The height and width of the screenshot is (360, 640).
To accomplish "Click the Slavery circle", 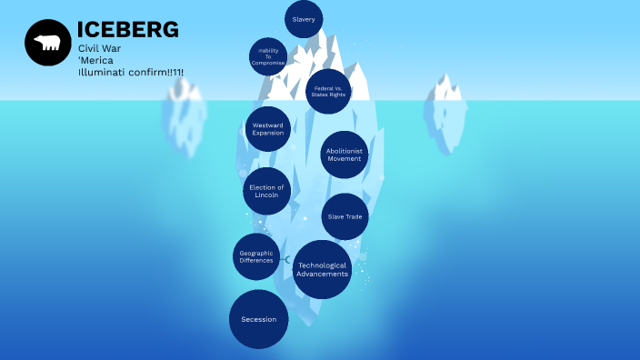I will (x=304, y=19).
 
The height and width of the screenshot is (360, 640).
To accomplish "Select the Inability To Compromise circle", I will (x=268, y=56).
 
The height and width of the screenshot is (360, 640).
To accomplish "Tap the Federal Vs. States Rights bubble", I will (x=328, y=91).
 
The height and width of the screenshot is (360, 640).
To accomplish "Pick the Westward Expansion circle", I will (x=268, y=129).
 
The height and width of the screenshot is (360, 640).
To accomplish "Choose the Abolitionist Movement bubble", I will (x=345, y=155).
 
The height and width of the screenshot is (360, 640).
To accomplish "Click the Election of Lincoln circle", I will (x=267, y=191).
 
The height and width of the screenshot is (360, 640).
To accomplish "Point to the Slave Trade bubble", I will (x=345, y=216).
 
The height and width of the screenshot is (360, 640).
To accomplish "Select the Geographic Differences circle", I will (x=256, y=256).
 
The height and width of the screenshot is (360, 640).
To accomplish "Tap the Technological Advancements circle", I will (x=323, y=269).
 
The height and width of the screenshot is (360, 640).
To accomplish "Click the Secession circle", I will (x=259, y=319).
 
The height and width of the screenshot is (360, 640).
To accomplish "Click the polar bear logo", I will (x=47, y=43).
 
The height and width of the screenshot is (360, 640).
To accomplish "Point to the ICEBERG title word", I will (x=127, y=29).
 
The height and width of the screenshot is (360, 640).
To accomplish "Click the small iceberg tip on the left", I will (x=185, y=91).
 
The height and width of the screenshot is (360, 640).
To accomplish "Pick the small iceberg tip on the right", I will (x=445, y=88).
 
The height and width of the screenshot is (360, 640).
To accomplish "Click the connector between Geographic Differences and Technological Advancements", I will (x=287, y=261).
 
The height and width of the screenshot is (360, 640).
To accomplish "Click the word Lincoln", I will (x=267, y=195).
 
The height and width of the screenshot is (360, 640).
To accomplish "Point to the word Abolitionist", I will (x=345, y=150).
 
